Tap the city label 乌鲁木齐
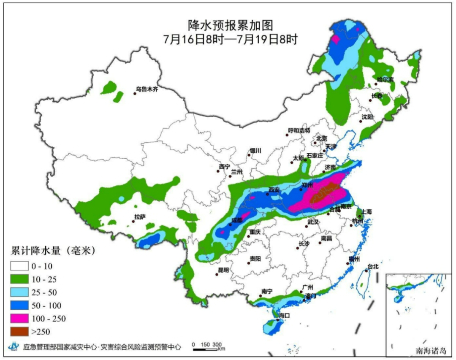[147, 89]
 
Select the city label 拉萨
[140, 217]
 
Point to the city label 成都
[237, 220]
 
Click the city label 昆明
[223, 270]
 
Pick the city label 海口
[284, 315]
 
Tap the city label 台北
[374, 266]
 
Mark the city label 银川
[255, 150]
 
